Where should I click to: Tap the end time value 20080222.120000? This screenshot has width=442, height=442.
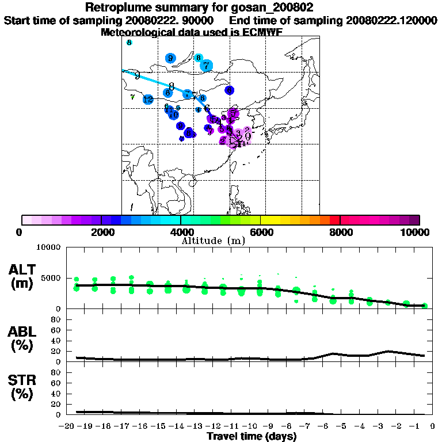point(391,20)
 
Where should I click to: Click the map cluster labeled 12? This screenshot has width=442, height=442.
point(148,100)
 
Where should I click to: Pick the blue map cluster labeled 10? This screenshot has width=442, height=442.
point(173,114)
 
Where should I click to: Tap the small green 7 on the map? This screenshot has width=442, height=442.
point(132,97)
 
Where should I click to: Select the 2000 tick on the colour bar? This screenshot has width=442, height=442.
point(101,220)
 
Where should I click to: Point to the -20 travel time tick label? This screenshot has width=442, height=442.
point(66,426)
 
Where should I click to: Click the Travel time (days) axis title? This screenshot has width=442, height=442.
point(252,437)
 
